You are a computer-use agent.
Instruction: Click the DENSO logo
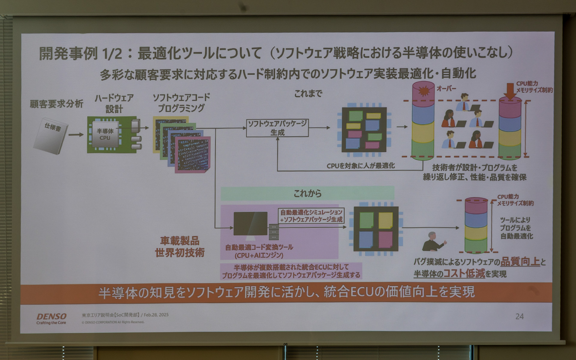51,317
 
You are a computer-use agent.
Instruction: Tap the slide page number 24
519,316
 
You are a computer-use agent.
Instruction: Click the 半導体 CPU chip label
105,134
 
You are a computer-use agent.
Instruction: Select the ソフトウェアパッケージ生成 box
277,128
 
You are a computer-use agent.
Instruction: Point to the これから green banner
307,193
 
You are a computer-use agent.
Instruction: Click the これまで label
308,94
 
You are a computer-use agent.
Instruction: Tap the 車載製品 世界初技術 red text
179,247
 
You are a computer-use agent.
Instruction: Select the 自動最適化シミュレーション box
311,216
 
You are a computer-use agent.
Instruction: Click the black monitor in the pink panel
250,223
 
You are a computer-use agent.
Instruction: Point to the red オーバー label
446,88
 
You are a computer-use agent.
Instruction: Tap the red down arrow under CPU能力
510,91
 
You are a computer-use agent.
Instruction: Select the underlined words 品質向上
520,262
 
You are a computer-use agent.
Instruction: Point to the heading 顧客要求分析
56,104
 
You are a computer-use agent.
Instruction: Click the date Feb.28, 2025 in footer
156,315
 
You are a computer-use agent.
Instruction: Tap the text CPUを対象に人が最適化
361,166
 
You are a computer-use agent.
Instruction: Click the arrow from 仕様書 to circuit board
76,135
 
